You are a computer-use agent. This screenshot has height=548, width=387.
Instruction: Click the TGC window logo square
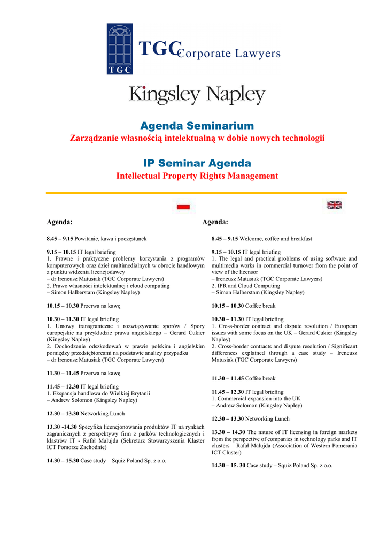120,49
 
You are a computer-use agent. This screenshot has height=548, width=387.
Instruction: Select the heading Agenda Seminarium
197,126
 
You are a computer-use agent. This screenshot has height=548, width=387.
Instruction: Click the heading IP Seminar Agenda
197,163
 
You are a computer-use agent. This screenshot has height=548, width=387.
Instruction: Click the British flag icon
335,204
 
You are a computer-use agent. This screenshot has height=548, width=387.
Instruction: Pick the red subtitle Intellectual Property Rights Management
197,176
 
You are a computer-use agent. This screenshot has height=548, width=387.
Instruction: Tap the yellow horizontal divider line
197,193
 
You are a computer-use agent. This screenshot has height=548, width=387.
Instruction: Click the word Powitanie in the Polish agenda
87,239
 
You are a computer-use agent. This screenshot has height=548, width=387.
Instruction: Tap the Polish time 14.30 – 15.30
63,460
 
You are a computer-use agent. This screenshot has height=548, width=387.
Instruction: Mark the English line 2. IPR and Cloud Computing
245,286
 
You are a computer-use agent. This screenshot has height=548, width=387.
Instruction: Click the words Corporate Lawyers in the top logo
229,54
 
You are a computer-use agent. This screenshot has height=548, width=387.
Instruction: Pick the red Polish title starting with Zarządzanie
197,139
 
